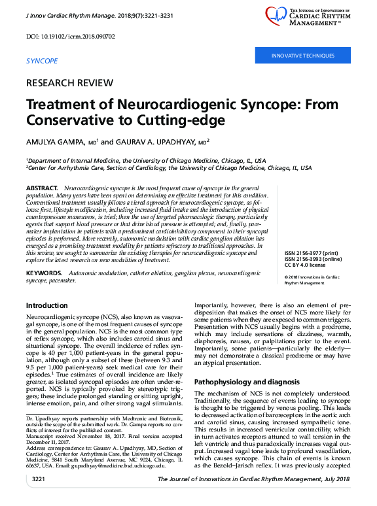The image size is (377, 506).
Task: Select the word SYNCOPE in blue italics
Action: (41, 61)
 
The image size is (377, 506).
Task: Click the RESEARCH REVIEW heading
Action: (72, 84)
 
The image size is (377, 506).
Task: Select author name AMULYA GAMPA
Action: (54, 141)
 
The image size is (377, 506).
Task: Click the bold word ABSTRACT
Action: (43, 188)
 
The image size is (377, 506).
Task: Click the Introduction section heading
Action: (46, 305)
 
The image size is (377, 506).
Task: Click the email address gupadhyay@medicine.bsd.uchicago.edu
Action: (116, 470)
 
